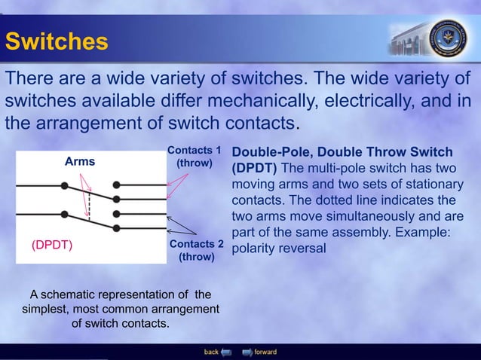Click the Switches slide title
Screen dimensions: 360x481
57,41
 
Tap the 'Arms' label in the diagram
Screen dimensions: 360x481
80,161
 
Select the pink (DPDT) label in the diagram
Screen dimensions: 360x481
51,245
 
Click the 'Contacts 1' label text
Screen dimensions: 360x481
194,150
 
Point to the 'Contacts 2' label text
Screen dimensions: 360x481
197,245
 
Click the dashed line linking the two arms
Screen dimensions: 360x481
89,203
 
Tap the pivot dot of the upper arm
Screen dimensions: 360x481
66,185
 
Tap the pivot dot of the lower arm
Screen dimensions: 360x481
66,206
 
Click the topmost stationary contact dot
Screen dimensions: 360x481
116,185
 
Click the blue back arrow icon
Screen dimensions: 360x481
225,352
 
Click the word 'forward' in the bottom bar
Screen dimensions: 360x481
265,352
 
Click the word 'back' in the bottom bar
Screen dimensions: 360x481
211,352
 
